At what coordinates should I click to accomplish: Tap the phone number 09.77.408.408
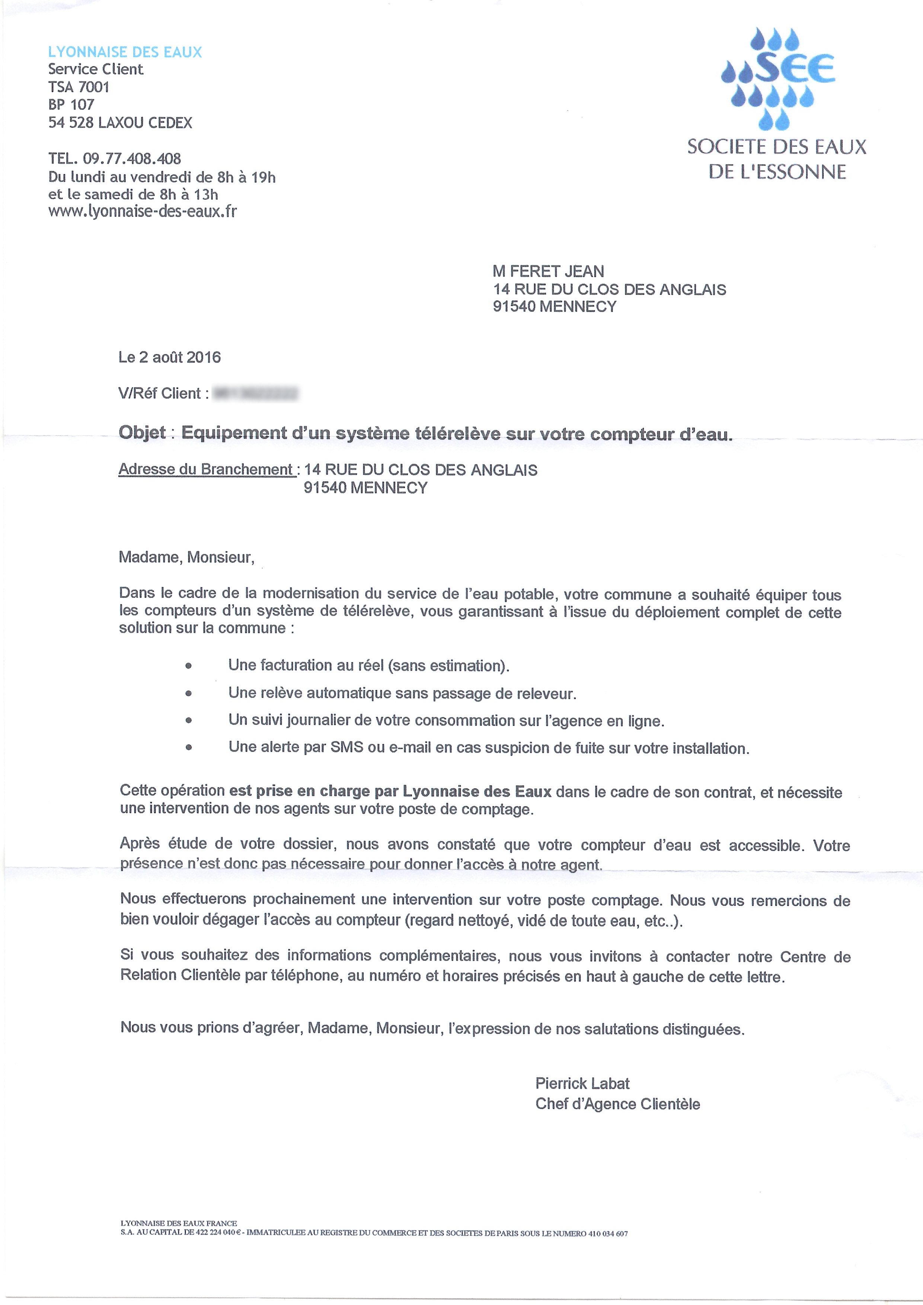132,159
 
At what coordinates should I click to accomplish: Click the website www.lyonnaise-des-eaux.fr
142,211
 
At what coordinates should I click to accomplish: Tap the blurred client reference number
256,393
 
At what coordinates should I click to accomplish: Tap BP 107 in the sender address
71,105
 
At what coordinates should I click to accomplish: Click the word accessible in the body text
766,846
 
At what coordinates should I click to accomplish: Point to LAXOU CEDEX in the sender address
145,123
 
